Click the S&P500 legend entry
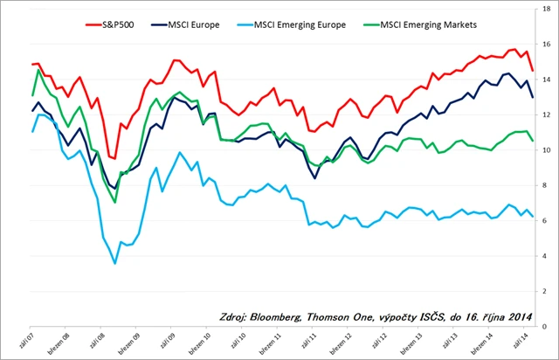pos(127,25)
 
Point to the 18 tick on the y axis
pos(546,9)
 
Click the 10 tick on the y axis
pos(546,150)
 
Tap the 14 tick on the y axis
pos(546,80)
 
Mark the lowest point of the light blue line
pos(114,263)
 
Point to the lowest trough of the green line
pos(115,203)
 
